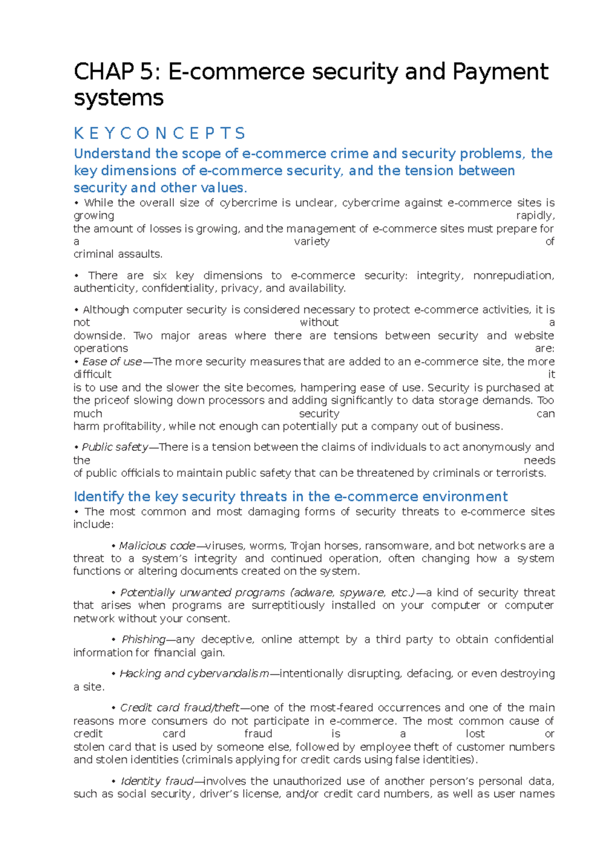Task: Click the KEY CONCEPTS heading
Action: pyautogui.click(x=159, y=134)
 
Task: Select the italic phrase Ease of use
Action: pyautogui.click(x=112, y=362)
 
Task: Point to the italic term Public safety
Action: pyautogui.click(x=114, y=447)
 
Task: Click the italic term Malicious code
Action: pyautogui.click(x=157, y=546)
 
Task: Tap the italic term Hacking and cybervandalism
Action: pyautogui.click(x=194, y=674)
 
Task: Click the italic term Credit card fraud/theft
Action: pyautogui.click(x=180, y=708)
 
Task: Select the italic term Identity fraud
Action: pyautogui.click(x=157, y=782)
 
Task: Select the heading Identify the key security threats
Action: pyautogui.click(x=290, y=497)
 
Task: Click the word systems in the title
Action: pyautogui.click(x=119, y=98)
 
